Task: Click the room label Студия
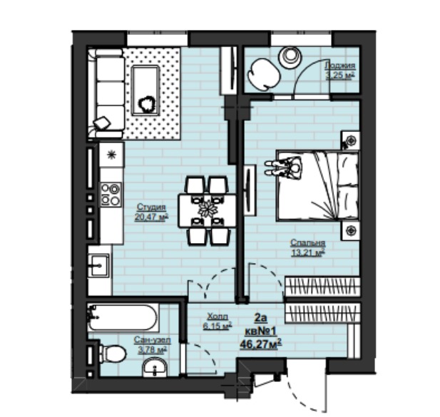tap(151, 207)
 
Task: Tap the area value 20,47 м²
tap(151, 217)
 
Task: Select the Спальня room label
tap(308, 242)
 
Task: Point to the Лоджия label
tap(340, 66)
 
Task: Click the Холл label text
tap(218, 316)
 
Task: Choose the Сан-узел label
tap(153, 340)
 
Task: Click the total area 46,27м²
tap(261, 344)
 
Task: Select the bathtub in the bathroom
tap(123, 317)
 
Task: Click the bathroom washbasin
tap(155, 367)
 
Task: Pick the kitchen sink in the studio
tap(98, 265)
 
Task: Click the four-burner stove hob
tap(111, 195)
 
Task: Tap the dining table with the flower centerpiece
tap(208, 210)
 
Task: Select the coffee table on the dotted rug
tap(145, 91)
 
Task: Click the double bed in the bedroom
tap(318, 186)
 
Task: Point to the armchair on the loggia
tap(264, 73)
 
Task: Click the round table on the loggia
tap(290, 57)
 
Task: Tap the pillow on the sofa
tap(102, 123)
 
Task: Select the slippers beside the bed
tap(272, 168)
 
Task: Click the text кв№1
tap(261, 331)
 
